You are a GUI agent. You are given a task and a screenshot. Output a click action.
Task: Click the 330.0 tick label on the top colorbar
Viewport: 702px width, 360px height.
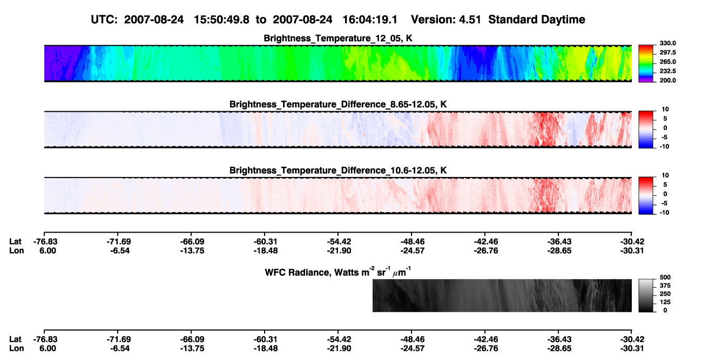pyautogui.click(x=667, y=43)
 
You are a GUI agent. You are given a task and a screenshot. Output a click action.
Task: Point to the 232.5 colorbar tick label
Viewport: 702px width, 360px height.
pyautogui.click(x=667, y=71)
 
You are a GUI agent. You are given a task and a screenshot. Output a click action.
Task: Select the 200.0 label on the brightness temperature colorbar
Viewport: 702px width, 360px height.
pyautogui.click(x=667, y=80)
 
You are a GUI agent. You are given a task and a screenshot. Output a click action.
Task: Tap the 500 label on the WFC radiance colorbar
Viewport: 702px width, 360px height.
pyautogui.click(x=665, y=277)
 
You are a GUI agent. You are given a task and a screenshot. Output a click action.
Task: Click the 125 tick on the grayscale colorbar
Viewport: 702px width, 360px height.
pyautogui.click(x=665, y=302)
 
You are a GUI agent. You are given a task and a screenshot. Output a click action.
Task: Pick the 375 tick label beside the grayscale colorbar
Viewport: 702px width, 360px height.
pyautogui.click(x=665, y=286)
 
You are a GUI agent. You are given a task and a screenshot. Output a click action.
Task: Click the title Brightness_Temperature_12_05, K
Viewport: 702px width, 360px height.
pyautogui.click(x=338, y=38)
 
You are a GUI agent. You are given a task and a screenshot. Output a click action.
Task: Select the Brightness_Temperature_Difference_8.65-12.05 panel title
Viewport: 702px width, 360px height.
pyautogui.click(x=338, y=104)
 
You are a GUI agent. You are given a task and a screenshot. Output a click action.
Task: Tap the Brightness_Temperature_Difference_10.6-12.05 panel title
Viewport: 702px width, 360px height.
pyautogui.click(x=338, y=171)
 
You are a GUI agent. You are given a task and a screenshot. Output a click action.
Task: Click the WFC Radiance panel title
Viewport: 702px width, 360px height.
pyautogui.click(x=338, y=272)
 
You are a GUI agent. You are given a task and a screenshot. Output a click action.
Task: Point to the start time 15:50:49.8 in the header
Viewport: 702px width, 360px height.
pyautogui.click(x=221, y=20)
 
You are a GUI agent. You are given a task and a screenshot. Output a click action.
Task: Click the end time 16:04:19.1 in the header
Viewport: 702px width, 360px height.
pyautogui.click(x=370, y=20)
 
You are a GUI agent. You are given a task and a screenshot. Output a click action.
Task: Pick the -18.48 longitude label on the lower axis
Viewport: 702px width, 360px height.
pyautogui.click(x=266, y=349)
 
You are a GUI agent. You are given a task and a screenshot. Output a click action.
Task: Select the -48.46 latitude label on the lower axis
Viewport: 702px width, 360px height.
pyautogui.click(x=413, y=339)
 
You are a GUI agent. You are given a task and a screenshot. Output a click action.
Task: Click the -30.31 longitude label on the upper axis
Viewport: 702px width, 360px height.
pyautogui.click(x=632, y=250)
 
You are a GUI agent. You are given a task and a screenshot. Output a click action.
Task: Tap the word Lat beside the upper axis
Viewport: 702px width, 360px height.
pyautogui.click(x=15, y=242)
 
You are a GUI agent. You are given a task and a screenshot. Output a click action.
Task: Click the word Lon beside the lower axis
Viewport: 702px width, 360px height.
pyautogui.click(x=17, y=349)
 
